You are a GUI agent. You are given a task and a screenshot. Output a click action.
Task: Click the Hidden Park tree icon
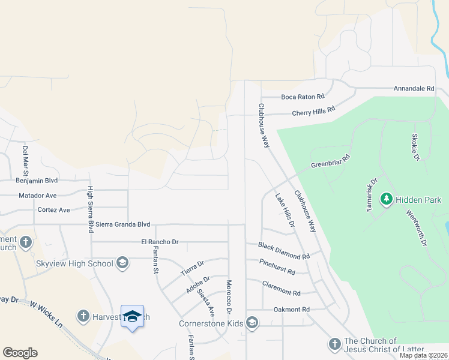pyautogui.click(x=387, y=199)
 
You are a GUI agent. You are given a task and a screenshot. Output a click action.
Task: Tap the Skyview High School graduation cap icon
pyautogui.click(x=122, y=263)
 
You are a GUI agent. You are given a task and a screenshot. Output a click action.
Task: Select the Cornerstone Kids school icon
pyautogui.click(x=253, y=323)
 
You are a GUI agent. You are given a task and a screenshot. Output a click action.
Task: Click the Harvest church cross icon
pyautogui.click(x=84, y=316)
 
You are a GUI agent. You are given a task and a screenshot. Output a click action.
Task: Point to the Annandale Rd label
pyautogui.click(x=414, y=88)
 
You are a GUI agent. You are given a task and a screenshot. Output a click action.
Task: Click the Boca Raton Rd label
pyautogui.click(x=303, y=96)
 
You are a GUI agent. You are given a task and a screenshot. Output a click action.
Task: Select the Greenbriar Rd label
pyautogui.click(x=330, y=161)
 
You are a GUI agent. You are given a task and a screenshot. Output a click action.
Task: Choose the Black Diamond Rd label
pyautogui.click(x=284, y=250)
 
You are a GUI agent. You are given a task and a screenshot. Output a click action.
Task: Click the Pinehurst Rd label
pyautogui.click(x=277, y=267)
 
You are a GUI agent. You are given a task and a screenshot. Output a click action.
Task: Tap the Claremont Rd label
pyautogui.click(x=281, y=288)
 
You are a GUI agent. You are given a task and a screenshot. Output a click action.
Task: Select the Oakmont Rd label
pyautogui.click(x=291, y=309)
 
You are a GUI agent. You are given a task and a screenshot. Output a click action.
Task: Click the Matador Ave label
pyautogui.click(x=37, y=195)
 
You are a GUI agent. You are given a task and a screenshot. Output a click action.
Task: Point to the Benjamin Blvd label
pyautogui.click(x=37, y=179)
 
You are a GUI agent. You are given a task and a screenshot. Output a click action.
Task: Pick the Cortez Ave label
pyautogui.click(x=53, y=209)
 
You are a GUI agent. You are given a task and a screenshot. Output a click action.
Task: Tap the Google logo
pyautogui.click(x=20, y=353)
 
